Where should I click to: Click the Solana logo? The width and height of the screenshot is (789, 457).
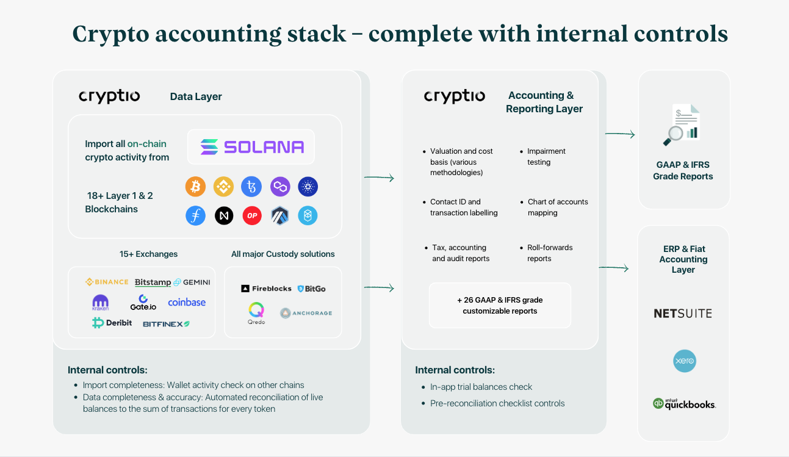(x=251, y=146)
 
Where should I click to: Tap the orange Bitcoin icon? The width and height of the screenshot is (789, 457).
(x=195, y=187)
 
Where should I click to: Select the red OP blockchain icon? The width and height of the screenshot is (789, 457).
(x=252, y=215)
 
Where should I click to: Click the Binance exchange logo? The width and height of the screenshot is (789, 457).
(x=107, y=282)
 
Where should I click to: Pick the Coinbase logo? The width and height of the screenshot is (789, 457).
(x=187, y=302)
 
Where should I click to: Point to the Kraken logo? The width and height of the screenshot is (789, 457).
(x=100, y=303)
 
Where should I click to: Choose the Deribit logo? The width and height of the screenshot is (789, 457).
(x=112, y=323)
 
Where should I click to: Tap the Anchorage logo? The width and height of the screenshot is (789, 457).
(x=306, y=313)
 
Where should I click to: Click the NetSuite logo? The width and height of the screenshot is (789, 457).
(x=683, y=314)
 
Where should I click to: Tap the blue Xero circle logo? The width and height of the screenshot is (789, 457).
(x=684, y=361)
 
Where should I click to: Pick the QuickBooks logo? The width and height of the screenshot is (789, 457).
(x=683, y=404)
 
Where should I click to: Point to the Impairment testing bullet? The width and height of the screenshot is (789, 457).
(x=546, y=157)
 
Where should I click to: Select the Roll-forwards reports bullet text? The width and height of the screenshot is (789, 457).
(x=550, y=253)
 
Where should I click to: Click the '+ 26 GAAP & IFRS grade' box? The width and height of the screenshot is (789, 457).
(x=500, y=305)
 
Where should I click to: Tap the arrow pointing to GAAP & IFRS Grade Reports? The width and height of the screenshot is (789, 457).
(x=620, y=134)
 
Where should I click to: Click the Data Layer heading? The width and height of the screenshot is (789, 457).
(x=196, y=96)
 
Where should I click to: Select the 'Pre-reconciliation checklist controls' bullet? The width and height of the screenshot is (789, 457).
(x=497, y=403)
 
